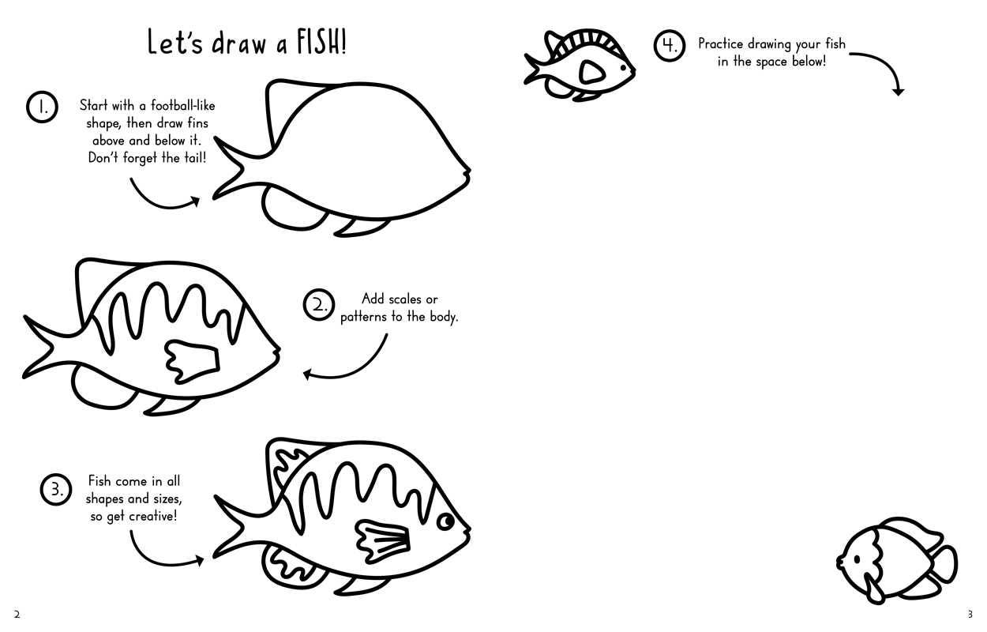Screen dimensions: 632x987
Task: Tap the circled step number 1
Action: click(x=42, y=107)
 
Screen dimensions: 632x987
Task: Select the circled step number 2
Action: click(x=319, y=305)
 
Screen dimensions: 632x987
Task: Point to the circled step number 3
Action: click(x=55, y=490)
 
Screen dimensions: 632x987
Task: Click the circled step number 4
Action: click(x=669, y=46)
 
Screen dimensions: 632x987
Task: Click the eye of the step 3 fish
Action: click(x=446, y=522)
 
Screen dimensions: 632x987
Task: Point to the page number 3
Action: click(x=970, y=615)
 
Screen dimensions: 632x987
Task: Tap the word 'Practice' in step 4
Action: click(x=720, y=43)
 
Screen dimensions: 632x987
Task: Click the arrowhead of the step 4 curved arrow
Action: click(x=898, y=91)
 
